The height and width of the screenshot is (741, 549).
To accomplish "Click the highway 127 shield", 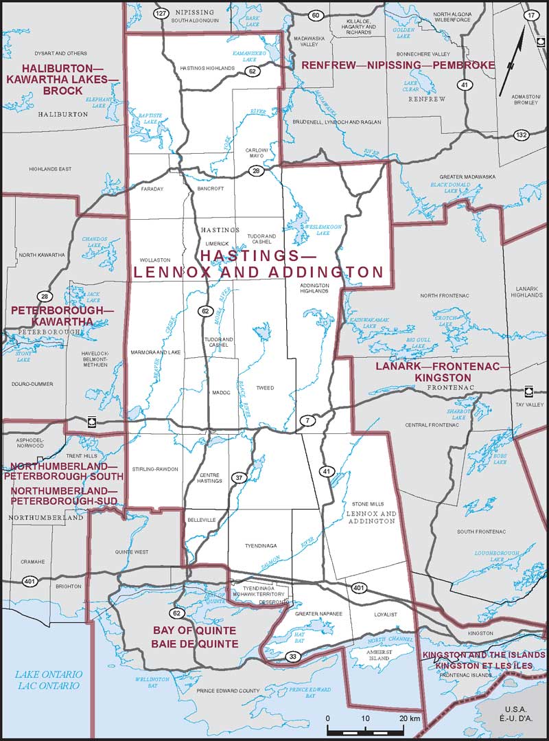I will pyautogui.click(x=161, y=14).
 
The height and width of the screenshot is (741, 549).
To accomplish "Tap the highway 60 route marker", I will pyautogui.click(x=315, y=15).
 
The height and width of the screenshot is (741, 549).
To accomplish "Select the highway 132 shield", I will pyautogui.click(x=522, y=135).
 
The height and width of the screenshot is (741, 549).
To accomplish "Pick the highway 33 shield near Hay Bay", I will pyautogui.click(x=292, y=658).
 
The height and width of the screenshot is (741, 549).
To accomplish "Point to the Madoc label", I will pyautogui.click(x=221, y=393).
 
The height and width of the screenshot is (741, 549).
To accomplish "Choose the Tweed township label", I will pyautogui.click(x=264, y=388).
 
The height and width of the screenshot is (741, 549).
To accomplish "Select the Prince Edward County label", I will pyautogui.click(x=228, y=690).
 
